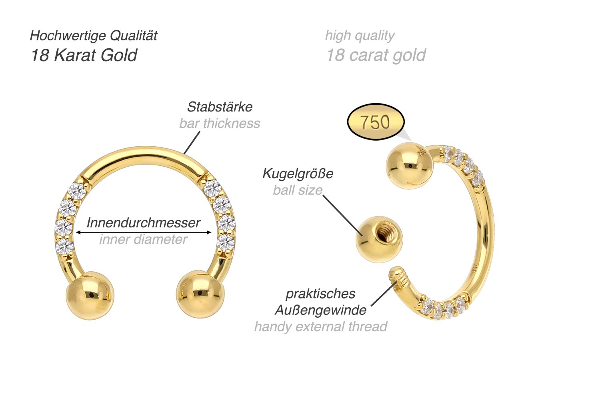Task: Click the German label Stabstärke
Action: point(220,107)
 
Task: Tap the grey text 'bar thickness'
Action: point(220,123)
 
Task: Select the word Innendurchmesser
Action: point(143,223)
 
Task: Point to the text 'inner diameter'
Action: point(143,239)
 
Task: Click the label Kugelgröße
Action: point(298,174)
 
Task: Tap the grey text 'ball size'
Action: point(298,190)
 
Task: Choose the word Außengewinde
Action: point(320,310)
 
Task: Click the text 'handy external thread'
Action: point(320,327)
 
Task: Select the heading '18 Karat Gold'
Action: point(84,55)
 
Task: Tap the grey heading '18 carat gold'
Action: point(376,55)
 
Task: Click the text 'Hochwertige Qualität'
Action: point(94,36)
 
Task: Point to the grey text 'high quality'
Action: point(360,36)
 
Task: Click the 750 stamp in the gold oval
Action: point(375,122)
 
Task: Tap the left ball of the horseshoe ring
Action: point(90,295)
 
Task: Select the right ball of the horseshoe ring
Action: point(200,295)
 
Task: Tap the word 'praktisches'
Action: point(320,294)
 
